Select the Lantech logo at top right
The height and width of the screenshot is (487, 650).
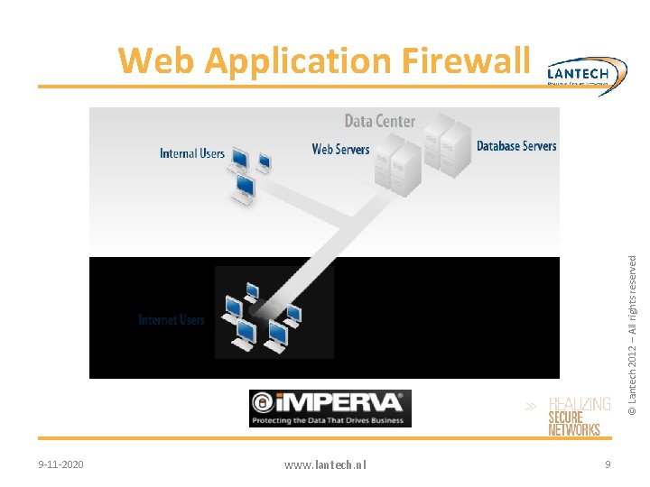click(587, 72)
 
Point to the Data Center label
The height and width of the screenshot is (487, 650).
click(380, 121)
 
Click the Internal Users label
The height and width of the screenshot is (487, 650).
click(191, 153)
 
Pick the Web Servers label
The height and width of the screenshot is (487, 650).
click(340, 149)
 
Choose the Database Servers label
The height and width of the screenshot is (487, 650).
click(516, 145)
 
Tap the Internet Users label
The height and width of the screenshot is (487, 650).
click(172, 320)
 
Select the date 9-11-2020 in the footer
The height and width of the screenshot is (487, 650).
click(61, 464)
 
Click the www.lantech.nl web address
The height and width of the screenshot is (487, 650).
click(325, 464)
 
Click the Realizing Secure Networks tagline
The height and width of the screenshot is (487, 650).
click(578, 417)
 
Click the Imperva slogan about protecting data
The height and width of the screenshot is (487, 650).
click(330, 419)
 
